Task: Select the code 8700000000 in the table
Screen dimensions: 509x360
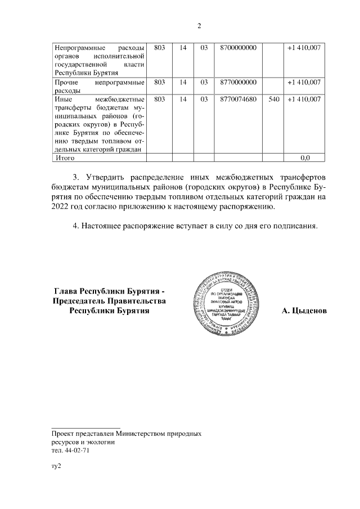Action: point(239,48)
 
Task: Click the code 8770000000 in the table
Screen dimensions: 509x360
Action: point(239,82)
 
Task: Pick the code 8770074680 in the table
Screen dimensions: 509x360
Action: point(239,99)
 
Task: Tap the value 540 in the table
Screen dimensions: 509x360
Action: point(274,99)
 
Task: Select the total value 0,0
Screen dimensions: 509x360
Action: point(305,158)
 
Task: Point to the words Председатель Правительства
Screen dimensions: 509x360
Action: point(110,301)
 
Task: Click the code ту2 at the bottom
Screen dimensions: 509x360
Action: point(56,466)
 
